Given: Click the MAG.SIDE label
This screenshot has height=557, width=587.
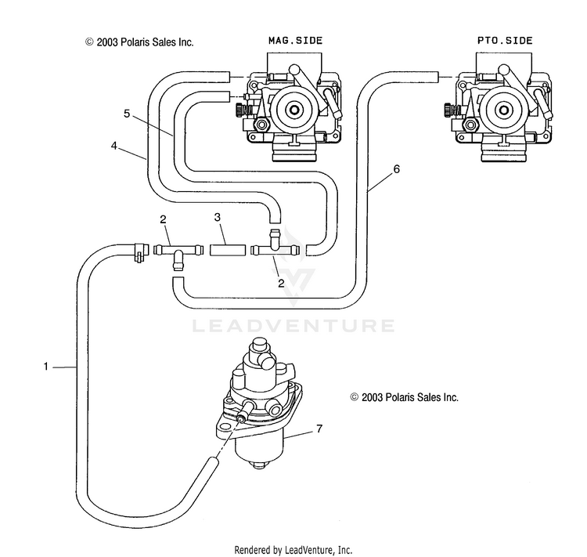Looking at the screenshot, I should click(295, 40).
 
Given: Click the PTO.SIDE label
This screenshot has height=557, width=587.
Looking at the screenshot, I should click(504, 40).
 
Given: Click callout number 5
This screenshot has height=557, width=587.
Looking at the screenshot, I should click(126, 114).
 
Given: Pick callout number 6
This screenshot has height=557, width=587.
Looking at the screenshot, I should click(396, 168).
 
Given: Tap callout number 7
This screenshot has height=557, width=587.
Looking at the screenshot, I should click(319, 429).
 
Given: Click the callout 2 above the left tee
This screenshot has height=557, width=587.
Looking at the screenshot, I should click(162, 219).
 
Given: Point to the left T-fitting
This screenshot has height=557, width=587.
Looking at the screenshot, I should click(177, 251).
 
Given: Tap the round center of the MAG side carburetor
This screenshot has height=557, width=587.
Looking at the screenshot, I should click(297, 110).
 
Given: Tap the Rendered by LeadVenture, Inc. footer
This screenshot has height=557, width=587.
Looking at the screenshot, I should click(293, 550).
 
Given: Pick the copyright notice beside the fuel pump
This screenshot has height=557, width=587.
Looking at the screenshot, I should click(404, 398).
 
